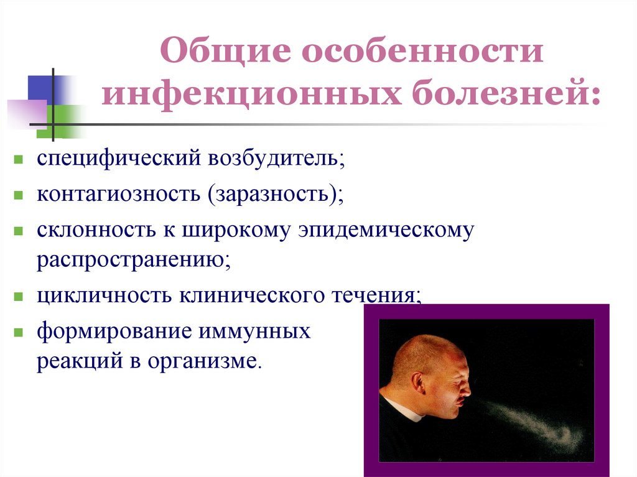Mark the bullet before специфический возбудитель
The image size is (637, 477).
(x=20, y=160)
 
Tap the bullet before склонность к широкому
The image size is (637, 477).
(x=20, y=230)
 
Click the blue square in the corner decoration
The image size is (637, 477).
(x=40, y=87)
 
